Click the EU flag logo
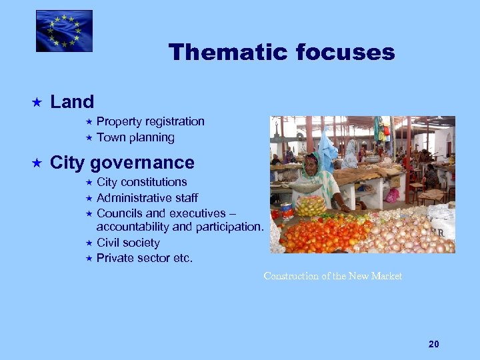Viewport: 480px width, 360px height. pyautogui.click(x=64, y=31)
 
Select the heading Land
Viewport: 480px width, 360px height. pyautogui.click(x=72, y=102)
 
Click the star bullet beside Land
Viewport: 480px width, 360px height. pyautogui.click(x=37, y=103)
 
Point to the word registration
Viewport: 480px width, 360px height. pyautogui.click(x=173, y=121)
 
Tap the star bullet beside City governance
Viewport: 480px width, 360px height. pyautogui.click(x=37, y=163)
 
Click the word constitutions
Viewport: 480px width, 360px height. pyautogui.click(x=155, y=182)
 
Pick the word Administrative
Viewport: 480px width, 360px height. pyautogui.click(x=134, y=198)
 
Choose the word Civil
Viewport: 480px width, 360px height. pyautogui.click(x=109, y=243)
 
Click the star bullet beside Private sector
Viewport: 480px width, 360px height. pyautogui.click(x=88, y=259)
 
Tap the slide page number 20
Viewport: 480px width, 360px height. pyautogui.click(x=434, y=344)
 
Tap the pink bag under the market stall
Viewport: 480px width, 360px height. pyautogui.click(x=392, y=195)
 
